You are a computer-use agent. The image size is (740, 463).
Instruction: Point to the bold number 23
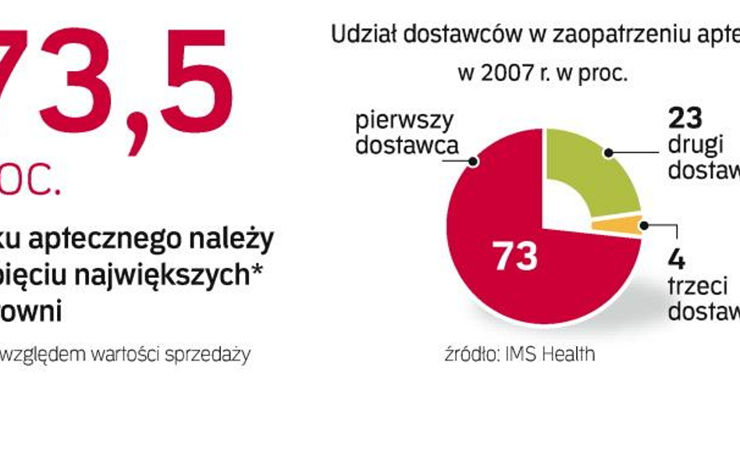coord(685,118)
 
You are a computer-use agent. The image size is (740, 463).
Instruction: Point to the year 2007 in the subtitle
coord(507,74)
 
